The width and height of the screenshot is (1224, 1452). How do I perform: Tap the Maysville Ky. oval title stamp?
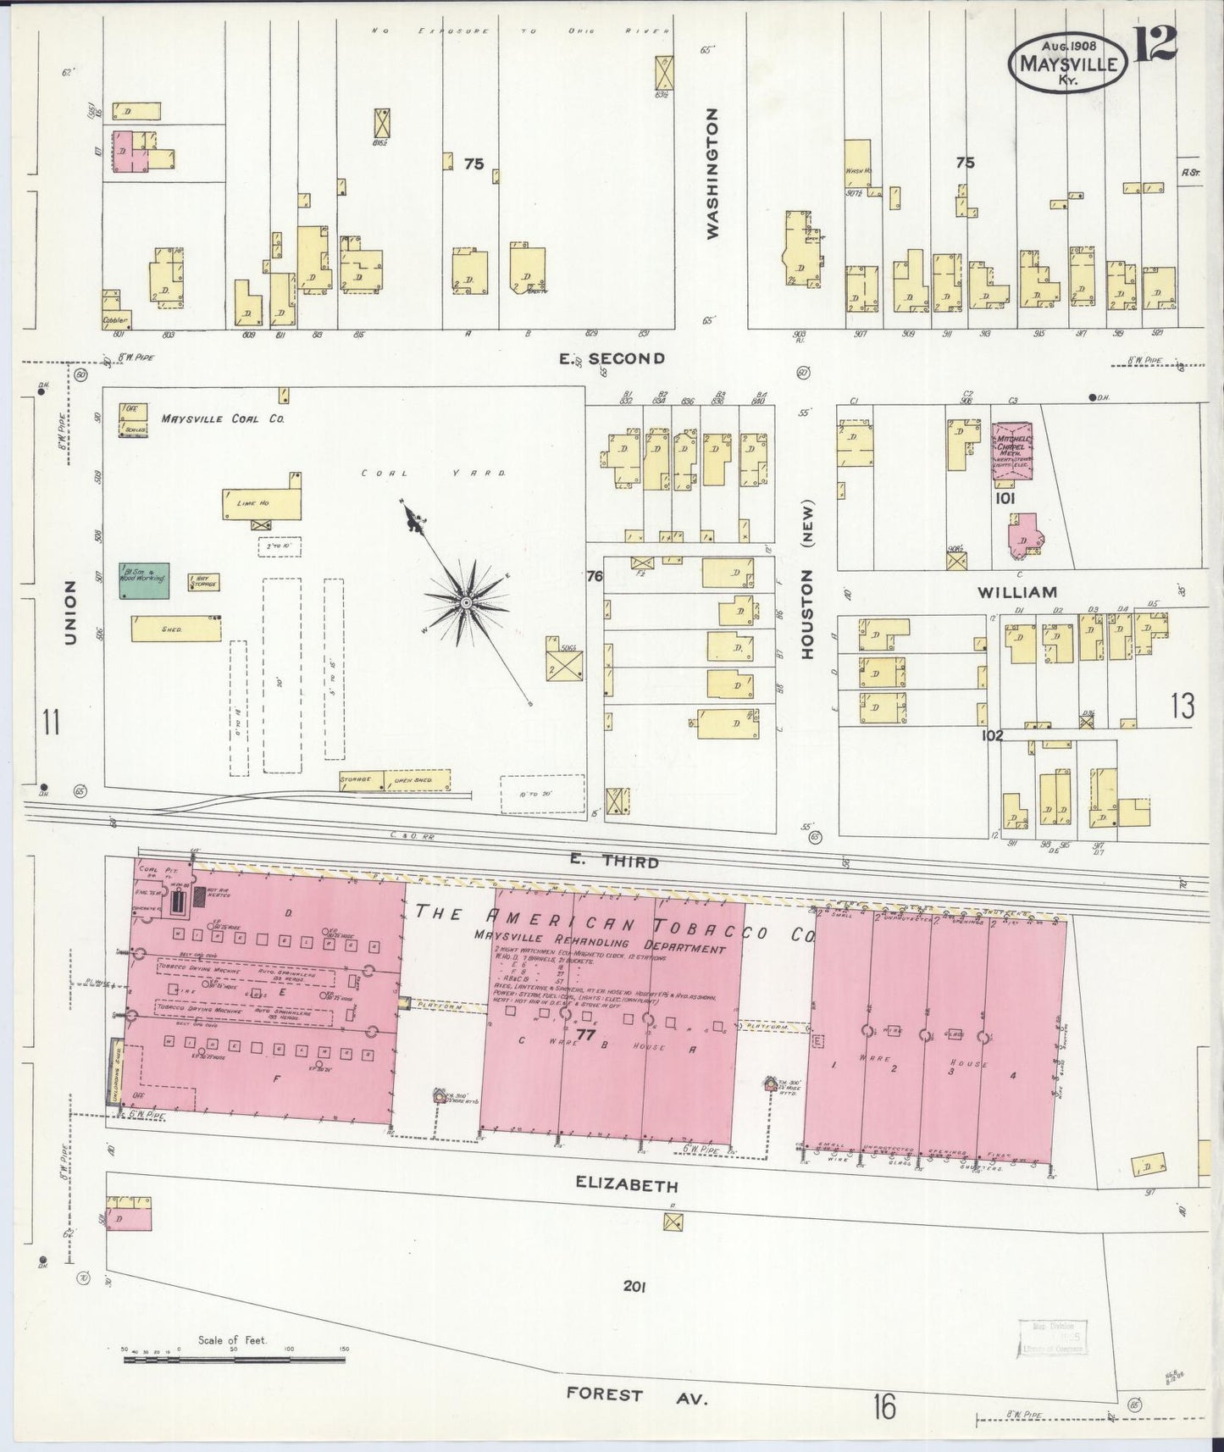tap(1066, 64)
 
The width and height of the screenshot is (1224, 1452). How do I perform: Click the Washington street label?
tap(712, 173)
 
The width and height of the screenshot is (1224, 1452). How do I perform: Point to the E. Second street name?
tap(612, 358)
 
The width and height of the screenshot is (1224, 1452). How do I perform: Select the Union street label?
tap(71, 612)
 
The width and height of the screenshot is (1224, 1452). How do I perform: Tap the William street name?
tap(1016, 592)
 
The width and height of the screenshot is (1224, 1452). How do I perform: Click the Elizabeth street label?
tap(628, 1184)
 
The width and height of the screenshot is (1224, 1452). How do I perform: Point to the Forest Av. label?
tap(637, 1394)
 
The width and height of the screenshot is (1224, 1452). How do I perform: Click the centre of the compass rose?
tap(465, 601)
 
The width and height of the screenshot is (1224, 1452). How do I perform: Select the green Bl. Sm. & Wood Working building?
tap(144, 580)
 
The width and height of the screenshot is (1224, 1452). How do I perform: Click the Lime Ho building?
tap(262, 504)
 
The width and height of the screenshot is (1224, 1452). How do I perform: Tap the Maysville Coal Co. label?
tap(223, 418)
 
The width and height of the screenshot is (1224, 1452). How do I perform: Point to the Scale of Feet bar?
tap(234, 1360)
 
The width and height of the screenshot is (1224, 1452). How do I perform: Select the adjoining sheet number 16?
tap(883, 1407)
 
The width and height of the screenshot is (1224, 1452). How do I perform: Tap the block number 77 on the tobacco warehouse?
tap(584, 1035)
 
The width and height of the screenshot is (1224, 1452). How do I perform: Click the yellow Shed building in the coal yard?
tap(176, 629)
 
